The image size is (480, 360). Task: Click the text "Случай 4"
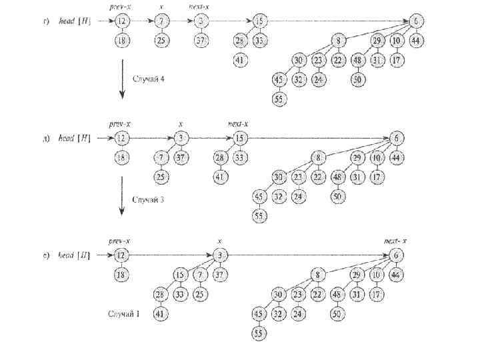click(x=149, y=79)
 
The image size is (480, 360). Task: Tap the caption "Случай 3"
click(x=149, y=199)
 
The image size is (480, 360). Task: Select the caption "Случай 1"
click(x=124, y=313)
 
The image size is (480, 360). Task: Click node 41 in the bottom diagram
click(x=160, y=313)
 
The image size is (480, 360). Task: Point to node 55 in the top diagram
click(x=278, y=99)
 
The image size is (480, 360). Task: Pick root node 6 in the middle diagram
click(x=397, y=138)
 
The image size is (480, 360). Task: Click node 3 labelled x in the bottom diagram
click(x=220, y=255)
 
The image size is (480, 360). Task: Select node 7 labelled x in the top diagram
click(x=162, y=21)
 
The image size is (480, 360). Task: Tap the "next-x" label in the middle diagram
click(x=238, y=124)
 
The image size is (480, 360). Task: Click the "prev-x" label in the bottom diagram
click(x=119, y=241)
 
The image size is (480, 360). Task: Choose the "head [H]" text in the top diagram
click(x=75, y=21)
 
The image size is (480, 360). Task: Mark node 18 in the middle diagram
click(x=121, y=157)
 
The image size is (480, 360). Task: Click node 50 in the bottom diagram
click(x=338, y=313)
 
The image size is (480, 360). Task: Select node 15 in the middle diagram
click(x=240, y=139)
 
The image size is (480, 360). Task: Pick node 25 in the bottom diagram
click(x=199, y=294)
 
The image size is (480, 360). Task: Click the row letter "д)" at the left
click(x=45, y=139)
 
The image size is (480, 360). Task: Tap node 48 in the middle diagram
click(x=339, y=177)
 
